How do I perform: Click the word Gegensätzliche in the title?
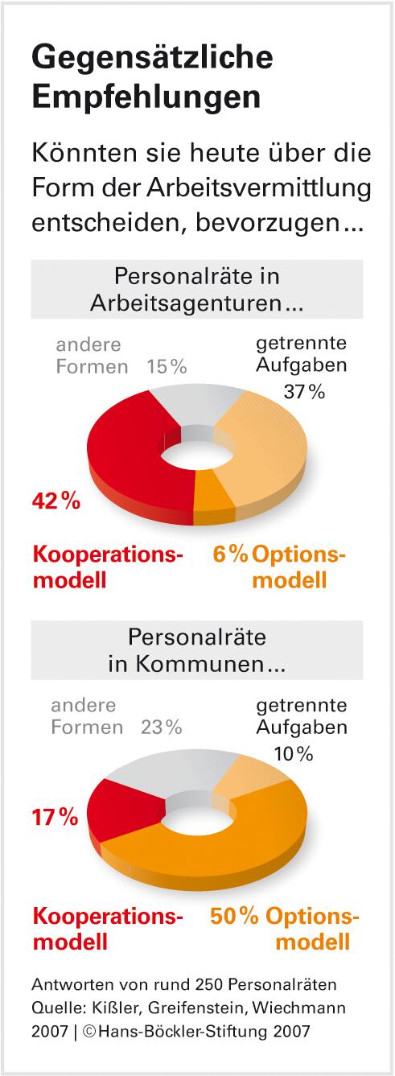point(152,58)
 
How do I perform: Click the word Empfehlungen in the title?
point(146,97)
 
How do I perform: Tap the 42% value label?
point(56,501)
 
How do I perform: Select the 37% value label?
point(303,392)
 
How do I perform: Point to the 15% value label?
point(167,367)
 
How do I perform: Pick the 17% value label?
point(55,818)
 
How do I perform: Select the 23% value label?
point(162,728)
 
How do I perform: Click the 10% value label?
point(292,753)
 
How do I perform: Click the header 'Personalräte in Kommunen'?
point(197,650)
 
